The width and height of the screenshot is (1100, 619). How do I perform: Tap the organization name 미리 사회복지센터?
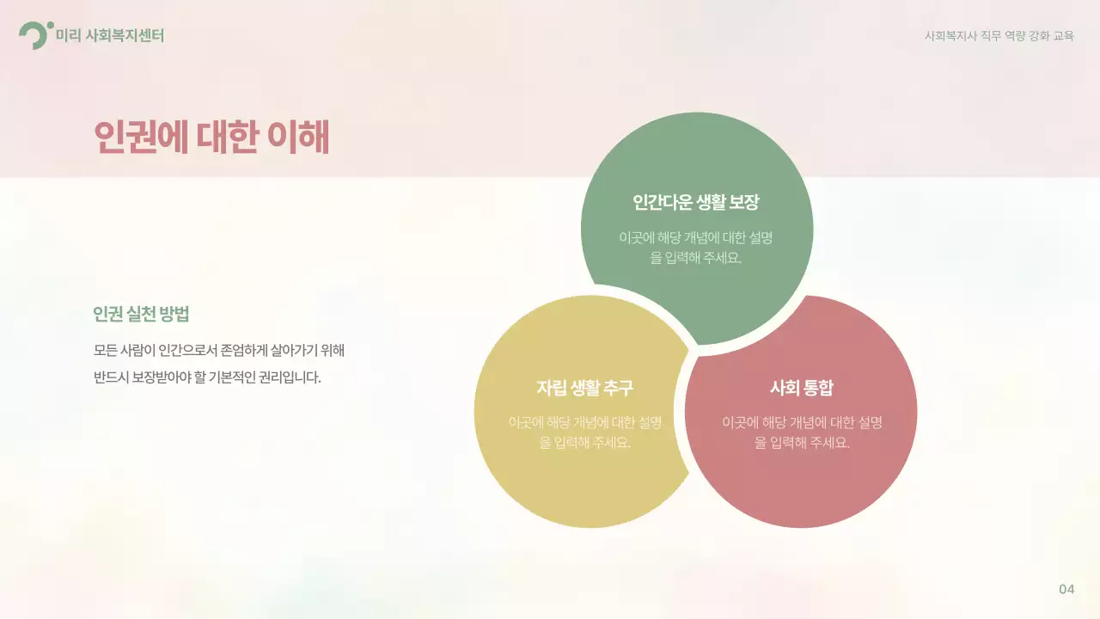(109, 35)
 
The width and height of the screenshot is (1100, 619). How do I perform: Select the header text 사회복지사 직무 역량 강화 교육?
(999, 36)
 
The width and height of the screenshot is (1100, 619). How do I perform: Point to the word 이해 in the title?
(298, 138)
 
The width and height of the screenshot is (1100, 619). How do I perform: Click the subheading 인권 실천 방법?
(141, 314)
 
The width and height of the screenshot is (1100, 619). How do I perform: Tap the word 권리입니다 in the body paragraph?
(290, 377)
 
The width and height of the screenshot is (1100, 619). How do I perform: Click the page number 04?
(1066, 589)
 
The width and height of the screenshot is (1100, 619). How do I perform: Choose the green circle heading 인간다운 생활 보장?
(696, 203)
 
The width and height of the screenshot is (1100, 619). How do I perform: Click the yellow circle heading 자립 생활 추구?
(584, 388)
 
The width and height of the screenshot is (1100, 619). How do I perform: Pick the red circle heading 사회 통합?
(801, 388)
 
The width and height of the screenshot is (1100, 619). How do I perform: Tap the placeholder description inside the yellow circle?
(584, 432)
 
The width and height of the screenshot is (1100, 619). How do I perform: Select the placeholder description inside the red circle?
(801, 432)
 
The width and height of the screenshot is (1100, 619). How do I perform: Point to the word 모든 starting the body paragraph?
(107, 351)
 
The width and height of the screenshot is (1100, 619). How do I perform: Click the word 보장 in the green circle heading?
(744, 203)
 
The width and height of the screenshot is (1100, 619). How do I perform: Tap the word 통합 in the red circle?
(817, 388)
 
